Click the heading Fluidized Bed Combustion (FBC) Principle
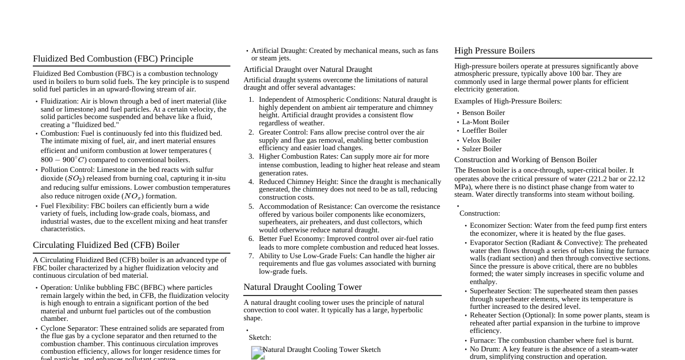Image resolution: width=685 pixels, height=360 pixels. click(113, 59)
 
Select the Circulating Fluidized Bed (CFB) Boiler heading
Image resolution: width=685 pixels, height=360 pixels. click(106, 245)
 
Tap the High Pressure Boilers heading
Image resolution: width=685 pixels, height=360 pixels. click(494, 51)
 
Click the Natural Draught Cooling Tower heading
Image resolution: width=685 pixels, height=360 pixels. click(302, 287)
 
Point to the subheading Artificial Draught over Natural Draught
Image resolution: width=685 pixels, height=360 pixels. click(308, 70)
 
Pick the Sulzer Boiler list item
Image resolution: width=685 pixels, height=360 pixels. click(481, 149)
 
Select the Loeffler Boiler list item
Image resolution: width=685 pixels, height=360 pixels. click(484, 131)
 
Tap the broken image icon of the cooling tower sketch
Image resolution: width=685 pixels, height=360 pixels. click(258, 353)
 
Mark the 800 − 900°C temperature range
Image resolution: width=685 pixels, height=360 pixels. click(63, 160)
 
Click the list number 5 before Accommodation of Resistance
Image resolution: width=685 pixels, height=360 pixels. click(251, 206)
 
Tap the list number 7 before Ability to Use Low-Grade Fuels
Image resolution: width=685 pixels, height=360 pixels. click(251, 256)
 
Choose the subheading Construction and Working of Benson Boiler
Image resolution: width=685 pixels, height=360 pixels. click(525, 160)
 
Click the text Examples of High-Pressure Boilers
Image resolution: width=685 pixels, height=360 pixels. click(508, 101)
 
